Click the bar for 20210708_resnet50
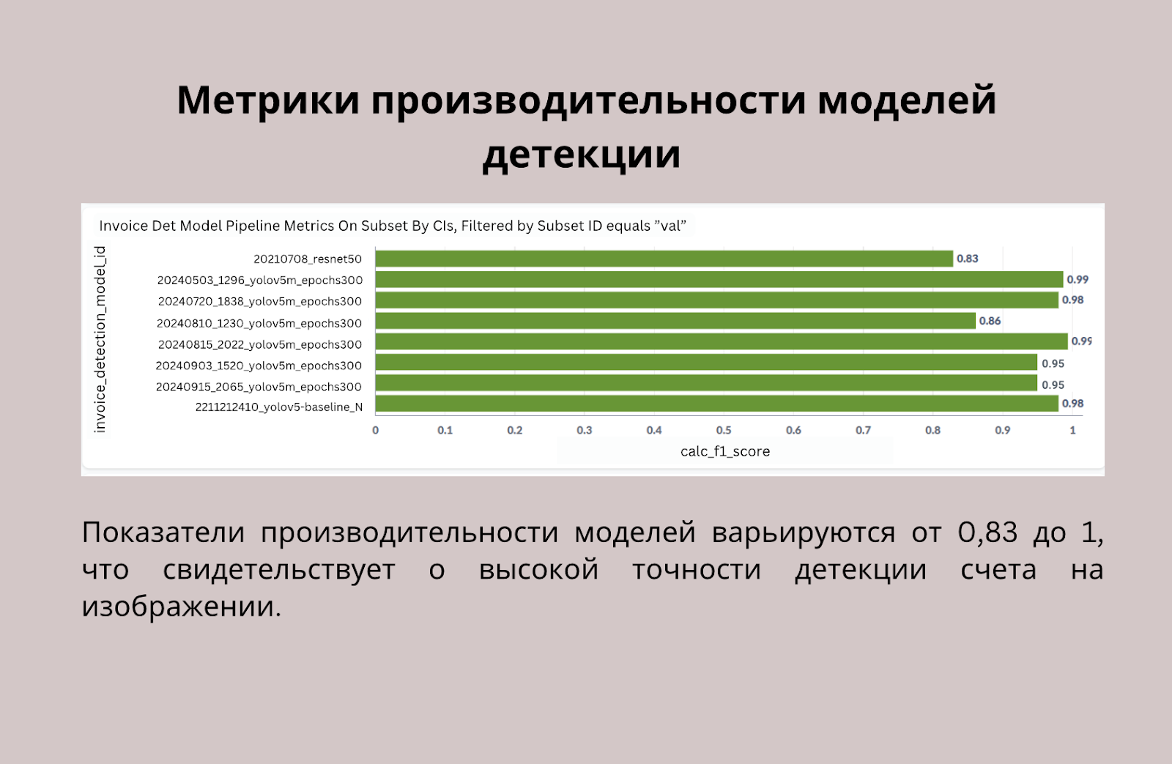click(664, 259)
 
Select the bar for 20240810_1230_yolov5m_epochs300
click(675, 321)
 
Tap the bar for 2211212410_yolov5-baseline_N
click(717, 404)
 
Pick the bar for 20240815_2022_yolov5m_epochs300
click(722, 341)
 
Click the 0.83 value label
click(968, 259)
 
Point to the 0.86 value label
click(990, 321)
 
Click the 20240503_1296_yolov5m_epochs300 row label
click(260, 281)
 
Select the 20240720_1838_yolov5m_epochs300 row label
click(260, 301)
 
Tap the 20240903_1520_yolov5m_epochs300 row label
click(259, 366)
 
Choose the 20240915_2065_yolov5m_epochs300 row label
click(259, 387)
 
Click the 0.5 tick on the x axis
click(724, 430)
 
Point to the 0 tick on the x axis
click(375, 430)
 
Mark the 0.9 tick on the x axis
click(1003, 430)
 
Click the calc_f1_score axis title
click(725, 451)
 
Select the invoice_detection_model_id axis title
click(100, 340)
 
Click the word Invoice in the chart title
click(124, 226)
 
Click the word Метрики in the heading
click(268, 100)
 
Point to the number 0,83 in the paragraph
click(987, 533)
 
